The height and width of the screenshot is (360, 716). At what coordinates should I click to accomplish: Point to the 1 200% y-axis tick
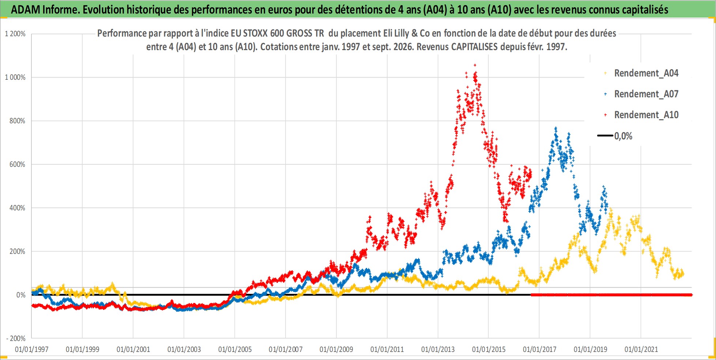(15, 34)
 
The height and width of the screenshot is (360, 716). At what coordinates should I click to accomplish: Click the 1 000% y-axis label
(15, 77)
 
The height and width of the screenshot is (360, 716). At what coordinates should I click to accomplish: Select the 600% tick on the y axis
(17, 164)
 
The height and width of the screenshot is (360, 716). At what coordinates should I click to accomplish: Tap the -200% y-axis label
(16, 338)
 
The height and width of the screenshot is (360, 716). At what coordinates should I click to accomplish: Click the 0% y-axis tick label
(21, 295)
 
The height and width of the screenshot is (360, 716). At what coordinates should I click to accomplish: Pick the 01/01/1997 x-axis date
(32, 349)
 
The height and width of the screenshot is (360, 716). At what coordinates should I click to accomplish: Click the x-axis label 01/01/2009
(336, 349)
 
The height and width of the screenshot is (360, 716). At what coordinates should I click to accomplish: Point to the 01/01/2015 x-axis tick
(489, 349)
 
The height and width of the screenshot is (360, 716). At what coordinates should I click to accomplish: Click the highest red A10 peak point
(475, 65)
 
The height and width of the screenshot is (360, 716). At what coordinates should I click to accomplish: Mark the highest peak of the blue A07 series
(556, 128)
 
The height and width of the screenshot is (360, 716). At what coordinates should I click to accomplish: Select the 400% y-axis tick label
(17, 208)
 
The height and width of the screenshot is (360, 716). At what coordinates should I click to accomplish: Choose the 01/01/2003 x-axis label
(184, 349)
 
